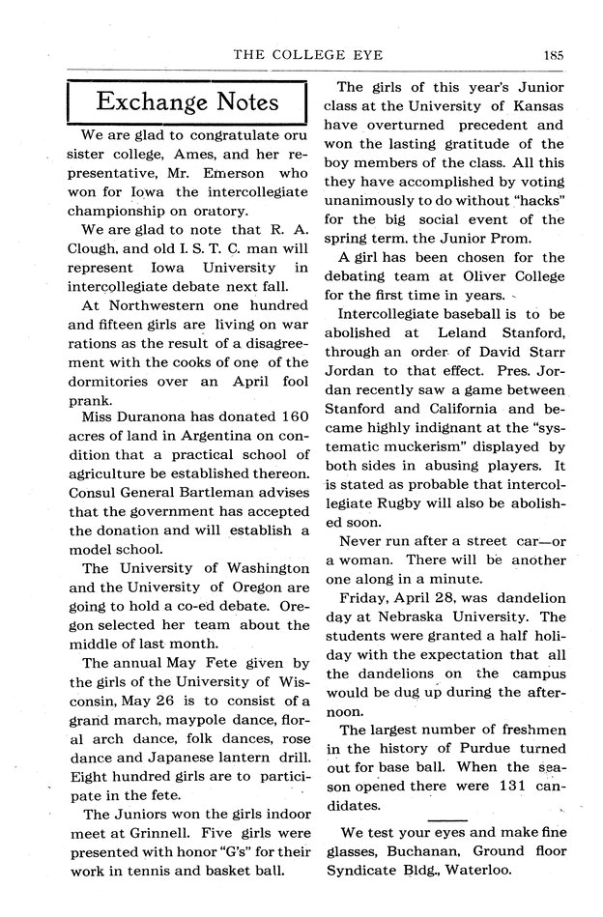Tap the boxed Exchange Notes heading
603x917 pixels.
coord(187,102)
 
